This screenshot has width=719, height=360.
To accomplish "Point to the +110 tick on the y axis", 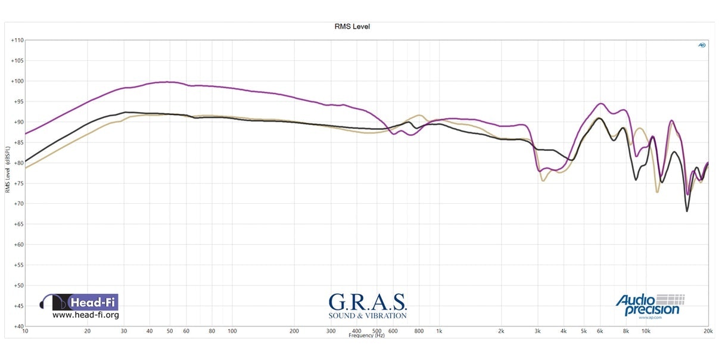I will [x=17, y=41].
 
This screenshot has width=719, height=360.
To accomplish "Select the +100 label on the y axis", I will [x=17, y=81].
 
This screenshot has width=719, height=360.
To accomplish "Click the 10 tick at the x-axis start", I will [x=25, y=331].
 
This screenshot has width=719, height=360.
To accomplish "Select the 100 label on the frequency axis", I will [x=232, y=331].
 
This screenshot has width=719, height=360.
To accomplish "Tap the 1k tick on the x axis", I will [x=439, y=331].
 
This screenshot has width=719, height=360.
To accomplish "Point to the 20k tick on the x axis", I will [x=708, y=331].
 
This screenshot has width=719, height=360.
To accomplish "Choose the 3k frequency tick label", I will [x=538, y=331].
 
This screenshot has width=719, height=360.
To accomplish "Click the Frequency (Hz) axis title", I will [x=367, y=336].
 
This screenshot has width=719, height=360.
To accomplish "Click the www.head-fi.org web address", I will [x=86, y=315].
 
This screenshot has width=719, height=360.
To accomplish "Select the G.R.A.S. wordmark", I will [x=367, y=301].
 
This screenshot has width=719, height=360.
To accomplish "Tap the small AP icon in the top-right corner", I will [x=702, y=45].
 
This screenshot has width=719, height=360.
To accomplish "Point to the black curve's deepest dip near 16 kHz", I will [x=687, y=211].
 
